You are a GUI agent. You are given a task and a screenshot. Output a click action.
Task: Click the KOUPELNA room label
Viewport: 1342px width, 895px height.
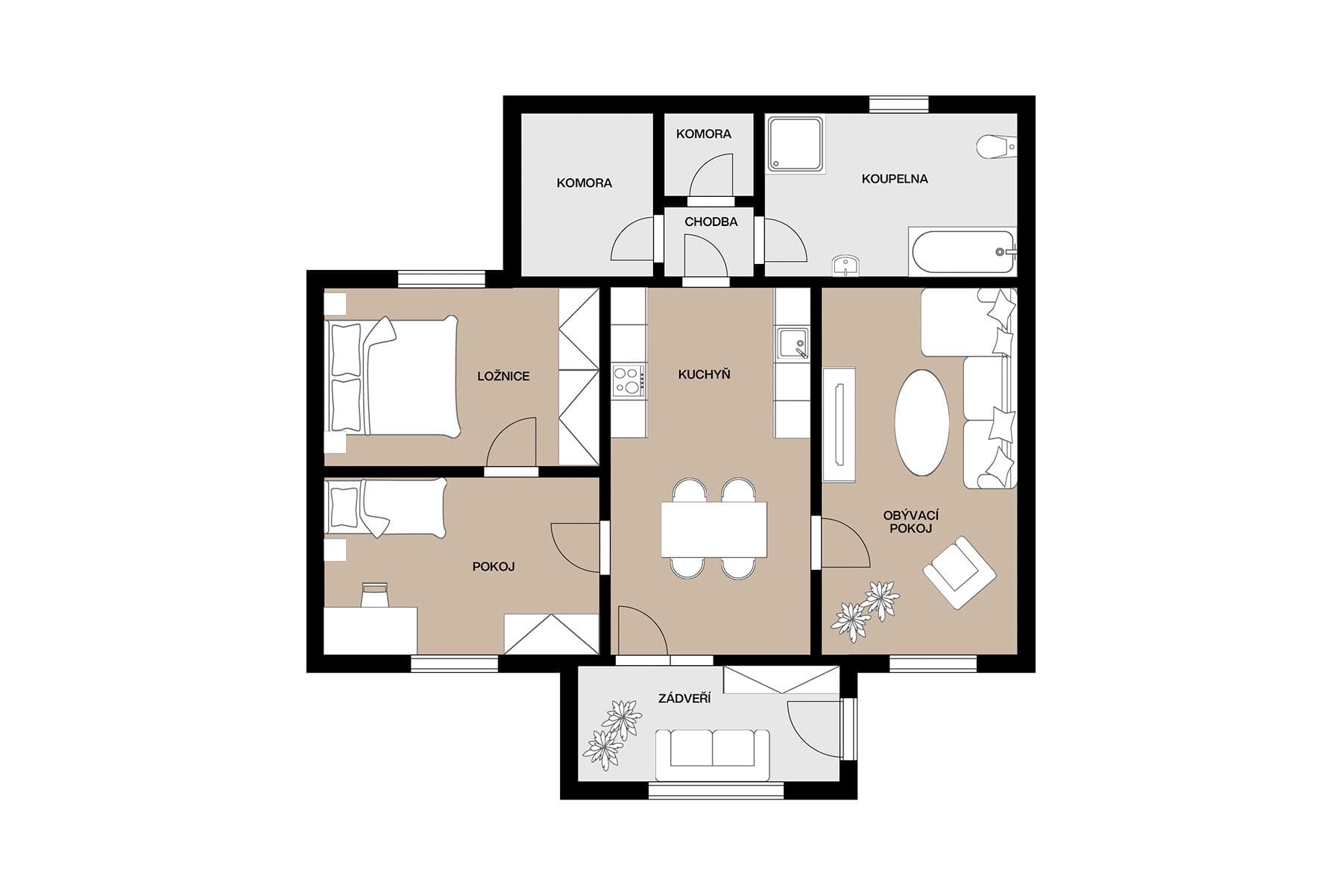pos(895,179)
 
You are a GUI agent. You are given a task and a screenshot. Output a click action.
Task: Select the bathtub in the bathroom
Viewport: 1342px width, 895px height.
pos(963,252)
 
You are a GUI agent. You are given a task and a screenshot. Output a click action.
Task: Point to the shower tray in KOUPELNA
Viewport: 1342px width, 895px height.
pos(796,143)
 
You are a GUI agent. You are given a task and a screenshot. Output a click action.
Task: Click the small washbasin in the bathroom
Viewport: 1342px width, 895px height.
pos(845,264)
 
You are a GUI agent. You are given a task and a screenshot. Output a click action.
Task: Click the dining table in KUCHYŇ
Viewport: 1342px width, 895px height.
pos(713,529)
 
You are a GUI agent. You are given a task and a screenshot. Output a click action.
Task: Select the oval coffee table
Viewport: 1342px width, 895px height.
pos(922,422)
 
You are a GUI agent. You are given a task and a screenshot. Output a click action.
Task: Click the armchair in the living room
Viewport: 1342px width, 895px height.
pos(960,572)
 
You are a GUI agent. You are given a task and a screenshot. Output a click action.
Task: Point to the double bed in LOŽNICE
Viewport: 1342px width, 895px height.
pos(392,376)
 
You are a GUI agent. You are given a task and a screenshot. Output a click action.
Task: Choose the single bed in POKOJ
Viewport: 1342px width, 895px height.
pos(386,507)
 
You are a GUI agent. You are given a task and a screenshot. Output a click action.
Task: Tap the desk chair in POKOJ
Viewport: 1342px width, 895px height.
pos(375,596)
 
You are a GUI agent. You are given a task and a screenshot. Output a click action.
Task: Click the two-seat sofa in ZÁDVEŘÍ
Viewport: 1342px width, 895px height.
pos(712,753)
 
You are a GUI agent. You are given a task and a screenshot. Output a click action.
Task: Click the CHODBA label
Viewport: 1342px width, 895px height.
pos(711,222)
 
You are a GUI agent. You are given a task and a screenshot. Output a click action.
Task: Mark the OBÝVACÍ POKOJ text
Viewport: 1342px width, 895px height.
pos(910,522)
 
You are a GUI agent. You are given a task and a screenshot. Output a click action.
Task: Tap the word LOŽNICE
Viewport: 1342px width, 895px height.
pos(503,376)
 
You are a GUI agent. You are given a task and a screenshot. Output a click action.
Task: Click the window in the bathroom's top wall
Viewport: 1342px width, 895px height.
pos(898,104)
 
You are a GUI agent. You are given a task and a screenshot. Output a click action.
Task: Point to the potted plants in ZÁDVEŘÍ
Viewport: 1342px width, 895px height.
pos(613,734)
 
